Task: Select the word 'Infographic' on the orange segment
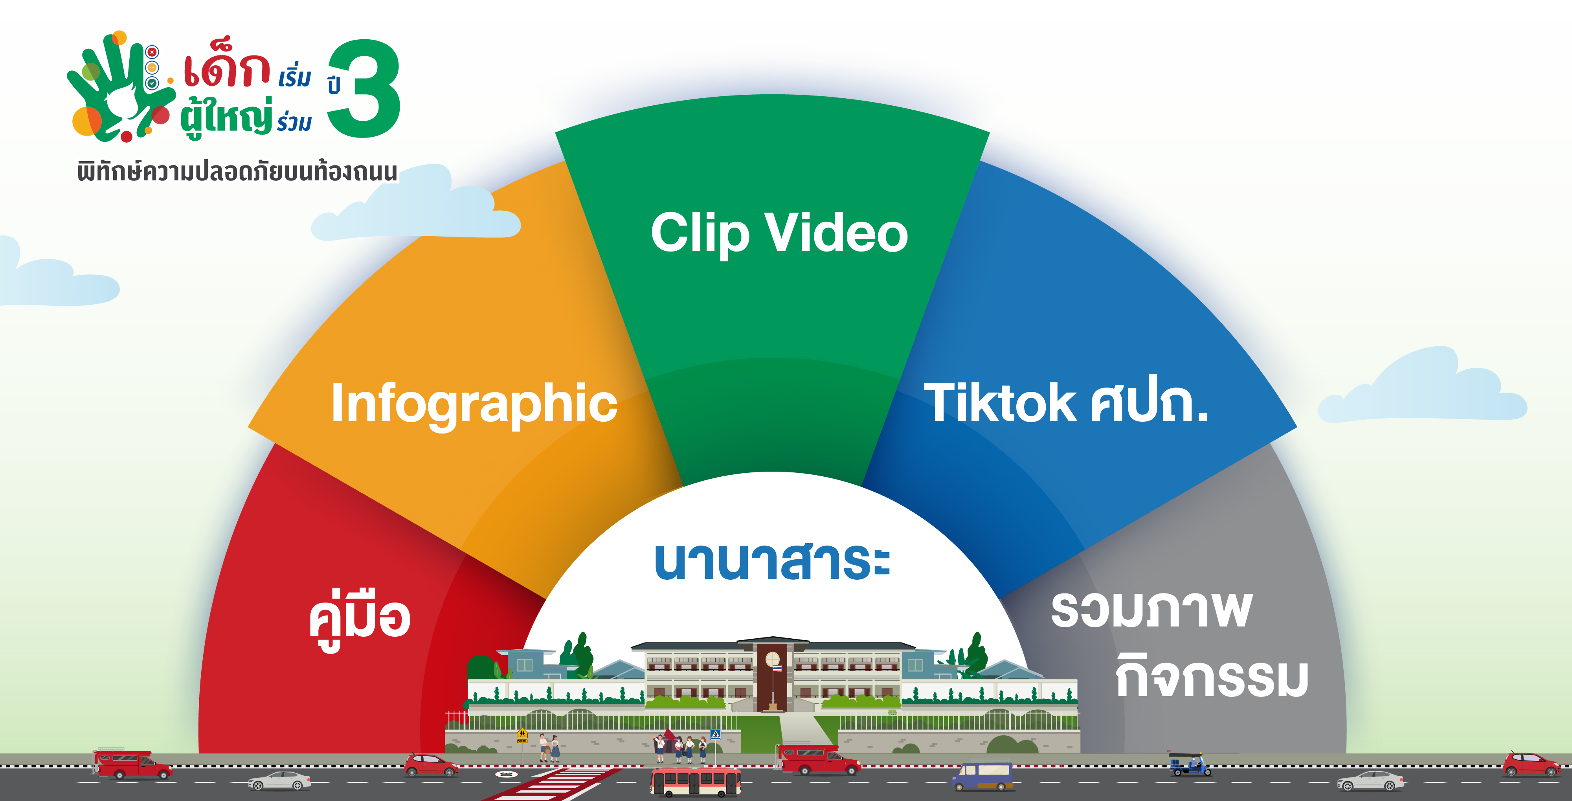click(x=474, y=404)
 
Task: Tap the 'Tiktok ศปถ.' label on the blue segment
click(x=1066, y=401)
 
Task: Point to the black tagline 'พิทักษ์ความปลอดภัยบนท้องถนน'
click(x=237, y=171)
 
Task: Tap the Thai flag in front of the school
click(x=777, y=669)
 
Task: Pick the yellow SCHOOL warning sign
click(x=522, y=735)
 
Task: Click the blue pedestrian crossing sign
click(x=716, y=734)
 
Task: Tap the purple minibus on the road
click(x=982, y=776)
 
